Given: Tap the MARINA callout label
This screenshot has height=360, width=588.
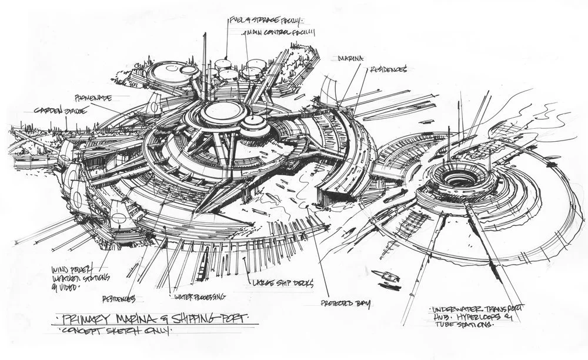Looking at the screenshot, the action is [x=350, y=59].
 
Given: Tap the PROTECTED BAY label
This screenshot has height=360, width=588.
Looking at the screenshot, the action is [x=346, y=304].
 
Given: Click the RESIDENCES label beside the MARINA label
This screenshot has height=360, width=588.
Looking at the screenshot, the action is [x=389, y=69].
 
